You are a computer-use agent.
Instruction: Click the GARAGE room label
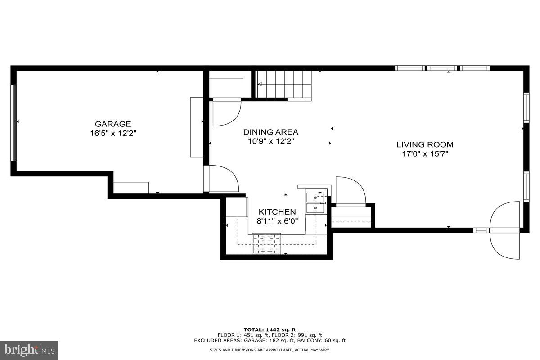point(113,124)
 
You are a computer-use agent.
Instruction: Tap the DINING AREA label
point(271,132)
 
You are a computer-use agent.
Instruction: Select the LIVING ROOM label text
point(425,144)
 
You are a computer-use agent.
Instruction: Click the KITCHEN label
point(277,211)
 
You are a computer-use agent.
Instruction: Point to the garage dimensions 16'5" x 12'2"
point(113,133)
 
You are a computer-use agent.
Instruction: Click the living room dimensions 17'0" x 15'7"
point(425,154)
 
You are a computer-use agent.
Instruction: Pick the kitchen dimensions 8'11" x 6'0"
point(277,221)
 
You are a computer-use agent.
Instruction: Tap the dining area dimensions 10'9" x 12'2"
point(271,141)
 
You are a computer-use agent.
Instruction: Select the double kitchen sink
point(315,202)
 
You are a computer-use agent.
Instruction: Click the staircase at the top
point(283,85)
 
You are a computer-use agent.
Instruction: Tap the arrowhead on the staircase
point(260,84)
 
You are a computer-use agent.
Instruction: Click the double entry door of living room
point(505,230)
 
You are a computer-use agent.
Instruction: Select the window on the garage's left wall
point(13,122)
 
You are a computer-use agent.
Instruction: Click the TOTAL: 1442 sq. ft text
point(270,330)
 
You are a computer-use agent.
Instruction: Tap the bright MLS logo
point(29,350)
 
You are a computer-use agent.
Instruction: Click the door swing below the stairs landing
point(226,112)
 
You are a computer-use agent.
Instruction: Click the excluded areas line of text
point(270,341)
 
